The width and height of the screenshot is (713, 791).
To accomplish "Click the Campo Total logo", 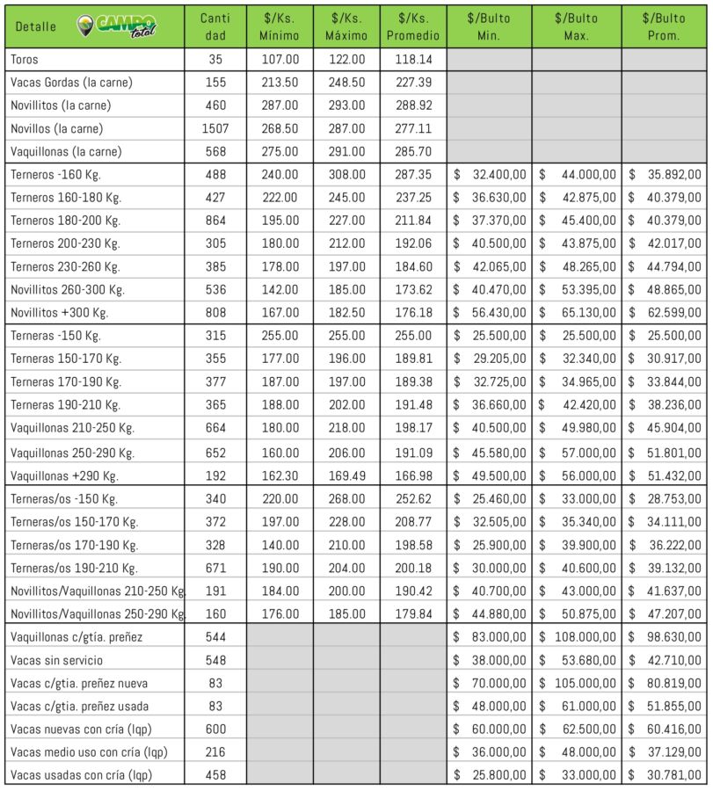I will tap(117, 26).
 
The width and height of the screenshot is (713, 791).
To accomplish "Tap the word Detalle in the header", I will tap(36, 27).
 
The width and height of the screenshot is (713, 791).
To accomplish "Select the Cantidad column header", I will tap(215, 27).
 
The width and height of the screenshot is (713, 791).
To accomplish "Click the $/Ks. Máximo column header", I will tap(346, 27).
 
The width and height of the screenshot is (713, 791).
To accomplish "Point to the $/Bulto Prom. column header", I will tap(664, 27).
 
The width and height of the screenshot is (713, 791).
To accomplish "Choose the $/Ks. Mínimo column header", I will tap(280, 27).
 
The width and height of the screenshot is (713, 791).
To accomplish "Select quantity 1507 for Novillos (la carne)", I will tap(215, 128).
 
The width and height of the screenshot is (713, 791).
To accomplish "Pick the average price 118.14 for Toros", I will tap(413, 60).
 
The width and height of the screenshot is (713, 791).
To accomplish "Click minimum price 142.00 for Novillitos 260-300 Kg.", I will tap(280, 289).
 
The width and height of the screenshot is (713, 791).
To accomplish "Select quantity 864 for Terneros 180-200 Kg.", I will tap(215, 221).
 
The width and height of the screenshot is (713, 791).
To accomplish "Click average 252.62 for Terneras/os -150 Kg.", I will tap(413, 498).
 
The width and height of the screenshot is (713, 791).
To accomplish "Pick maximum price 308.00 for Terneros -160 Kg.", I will tap(346, 175).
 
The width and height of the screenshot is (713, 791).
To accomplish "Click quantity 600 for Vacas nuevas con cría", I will tap(215, 729).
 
